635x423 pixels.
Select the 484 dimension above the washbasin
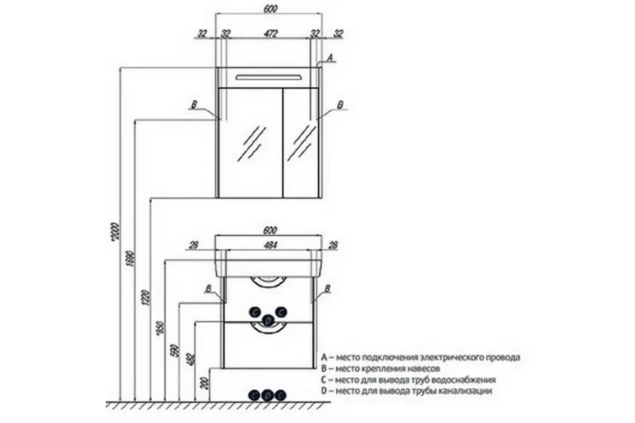click(x=269, y=244)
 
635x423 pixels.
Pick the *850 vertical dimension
click(x=159, y=329)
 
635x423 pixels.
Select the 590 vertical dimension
click(x=174, y=350)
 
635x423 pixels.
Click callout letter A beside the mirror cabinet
click(x=329, y=58)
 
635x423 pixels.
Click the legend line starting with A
click(x=421, y=357)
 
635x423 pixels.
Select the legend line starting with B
click(x=381, y=369)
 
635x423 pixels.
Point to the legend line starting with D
click(x=406, y=391)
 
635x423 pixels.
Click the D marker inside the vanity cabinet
click(x=268, y=321)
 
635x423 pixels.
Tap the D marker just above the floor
click(x=268, y=396)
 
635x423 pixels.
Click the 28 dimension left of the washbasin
click(x=193, y=244)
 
